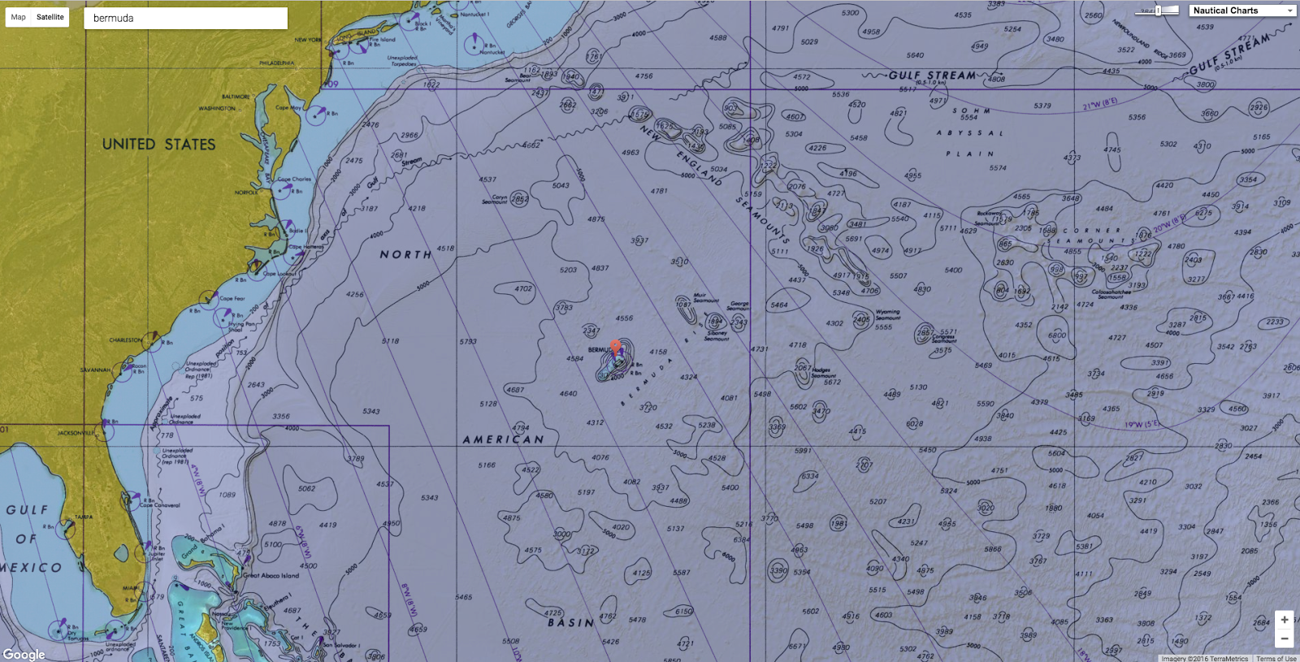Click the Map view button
tap(18, 17)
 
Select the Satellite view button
tap(50, 17)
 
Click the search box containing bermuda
tap(185, 18)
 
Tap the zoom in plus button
tap(1284, 620)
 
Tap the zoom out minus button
tap(1284, 638)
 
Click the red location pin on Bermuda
tap(616, 348)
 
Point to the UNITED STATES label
tap(159, 145)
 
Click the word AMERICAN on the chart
tap(503, 439)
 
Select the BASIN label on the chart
tap(570, 623)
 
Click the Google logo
tap(24, 654)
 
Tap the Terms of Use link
tap(1276, 658)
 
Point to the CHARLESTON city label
tap(126, 340)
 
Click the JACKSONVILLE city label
tap(76, 433)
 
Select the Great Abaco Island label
tap(271, 575)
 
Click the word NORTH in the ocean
tap(405, 254)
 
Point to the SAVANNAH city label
tap(95, 370)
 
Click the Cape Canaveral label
tap(160, 504)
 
